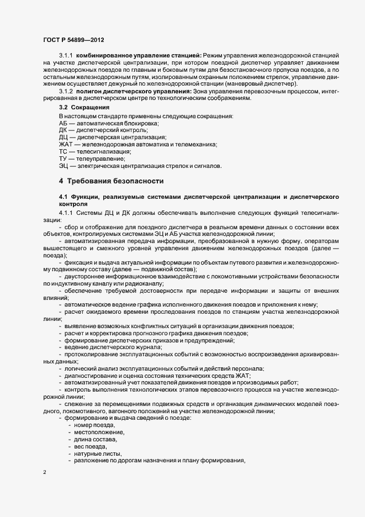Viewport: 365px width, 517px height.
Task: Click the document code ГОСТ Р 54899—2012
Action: click(72, 40)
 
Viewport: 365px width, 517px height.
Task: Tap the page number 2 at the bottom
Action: click(44, 472)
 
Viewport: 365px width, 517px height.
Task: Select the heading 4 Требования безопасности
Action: click(111, 181)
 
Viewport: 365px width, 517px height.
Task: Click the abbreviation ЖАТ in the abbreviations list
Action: click(66, 144)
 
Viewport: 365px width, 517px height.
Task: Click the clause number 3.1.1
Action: click(66, 56)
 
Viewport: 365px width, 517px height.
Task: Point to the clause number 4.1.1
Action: click(66, 213)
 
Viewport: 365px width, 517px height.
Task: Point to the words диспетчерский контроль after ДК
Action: click(102, 130)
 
